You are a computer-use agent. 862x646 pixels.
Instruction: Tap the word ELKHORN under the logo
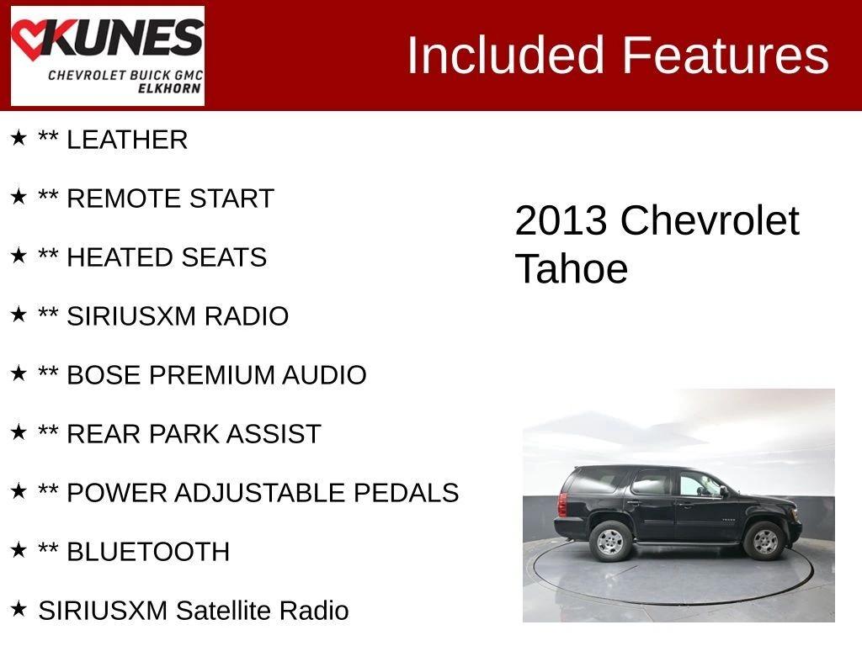[x=169, y=88]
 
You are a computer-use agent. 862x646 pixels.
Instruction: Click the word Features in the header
[x=725, y=55]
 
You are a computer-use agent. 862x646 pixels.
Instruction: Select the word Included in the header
[x=505, y=55]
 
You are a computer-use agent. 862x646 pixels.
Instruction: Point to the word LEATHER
[x=127, y=140]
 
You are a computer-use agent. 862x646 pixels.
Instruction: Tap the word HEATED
[x=120, y=257]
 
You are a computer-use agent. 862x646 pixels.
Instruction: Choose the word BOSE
[x=104, y=375]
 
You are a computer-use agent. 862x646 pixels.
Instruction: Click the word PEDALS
[x=406, y=493]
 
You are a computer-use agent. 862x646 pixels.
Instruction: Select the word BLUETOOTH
[x=148, y=552]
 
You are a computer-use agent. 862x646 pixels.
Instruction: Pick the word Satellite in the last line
[x=223, y=611]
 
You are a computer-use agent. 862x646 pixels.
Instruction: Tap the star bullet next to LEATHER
[x=19, y=137]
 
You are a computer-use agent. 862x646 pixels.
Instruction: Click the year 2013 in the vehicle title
[x=560, y=221]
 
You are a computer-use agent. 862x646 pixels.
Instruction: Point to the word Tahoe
[x=572, y=269]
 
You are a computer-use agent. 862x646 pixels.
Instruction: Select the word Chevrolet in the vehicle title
[x=710, y=221]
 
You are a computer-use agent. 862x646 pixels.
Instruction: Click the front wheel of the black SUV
[x=764, y=541]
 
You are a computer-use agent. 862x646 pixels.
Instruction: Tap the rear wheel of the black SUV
[x=610, y=542]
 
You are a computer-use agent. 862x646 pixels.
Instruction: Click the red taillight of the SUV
[x=562, y=504]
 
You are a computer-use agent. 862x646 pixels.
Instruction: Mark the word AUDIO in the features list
[x=324, y=375]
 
